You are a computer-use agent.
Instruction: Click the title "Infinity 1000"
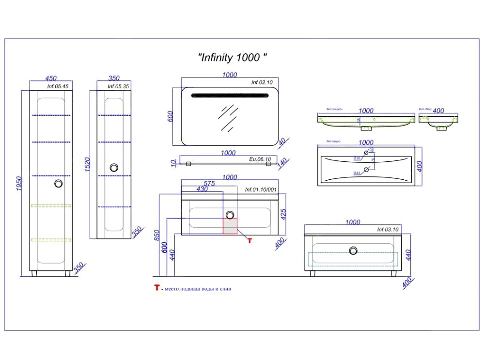[x=233, y=57]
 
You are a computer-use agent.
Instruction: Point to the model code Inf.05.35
[x=118, y=87]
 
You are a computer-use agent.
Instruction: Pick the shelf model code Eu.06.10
[x=260, y=159]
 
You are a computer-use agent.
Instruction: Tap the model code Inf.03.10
[x=388, y=229]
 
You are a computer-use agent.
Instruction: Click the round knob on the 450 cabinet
[x=59, y=184]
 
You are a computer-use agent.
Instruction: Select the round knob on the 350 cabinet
[x=114, y=168]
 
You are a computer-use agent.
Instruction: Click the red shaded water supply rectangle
[x=230, y=226]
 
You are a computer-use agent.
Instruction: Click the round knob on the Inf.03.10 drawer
[x=354, y=250]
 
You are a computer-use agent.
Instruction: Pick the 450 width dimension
[x=51, y=78]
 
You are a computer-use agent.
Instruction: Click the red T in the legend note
[x=156, y=288]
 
